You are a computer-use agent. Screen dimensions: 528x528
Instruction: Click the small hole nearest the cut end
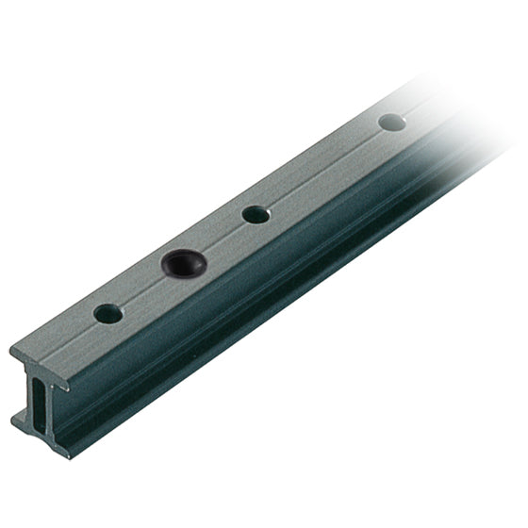(108, 314)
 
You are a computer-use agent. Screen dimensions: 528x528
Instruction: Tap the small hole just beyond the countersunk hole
(256, 214)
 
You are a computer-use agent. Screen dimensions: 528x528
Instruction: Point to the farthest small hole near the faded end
(392, 122)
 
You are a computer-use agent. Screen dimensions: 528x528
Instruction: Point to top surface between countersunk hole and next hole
(218, 239)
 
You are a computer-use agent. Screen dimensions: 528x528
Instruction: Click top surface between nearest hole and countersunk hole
(143, 289)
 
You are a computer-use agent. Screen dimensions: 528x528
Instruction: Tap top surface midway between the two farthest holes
(323, 168)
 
